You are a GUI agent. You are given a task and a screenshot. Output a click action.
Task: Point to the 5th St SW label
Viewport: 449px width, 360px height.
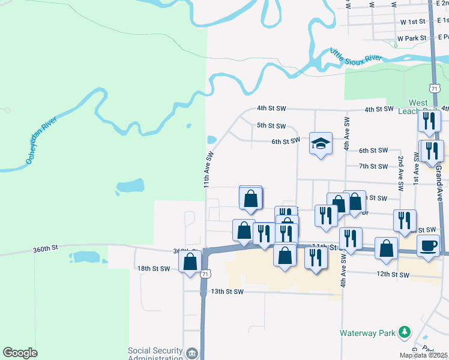pos(271,126)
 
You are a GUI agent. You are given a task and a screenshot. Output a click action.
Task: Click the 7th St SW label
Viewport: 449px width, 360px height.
pos(373,166)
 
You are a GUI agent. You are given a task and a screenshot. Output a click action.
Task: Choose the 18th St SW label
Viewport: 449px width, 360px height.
pos(154,269)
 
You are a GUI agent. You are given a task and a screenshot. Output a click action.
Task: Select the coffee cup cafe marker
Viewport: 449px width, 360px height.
pos(428,246)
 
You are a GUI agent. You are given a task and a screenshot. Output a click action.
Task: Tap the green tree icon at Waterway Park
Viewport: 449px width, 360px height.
pos(405,332)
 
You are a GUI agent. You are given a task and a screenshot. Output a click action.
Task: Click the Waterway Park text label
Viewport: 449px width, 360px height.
pos(366,332)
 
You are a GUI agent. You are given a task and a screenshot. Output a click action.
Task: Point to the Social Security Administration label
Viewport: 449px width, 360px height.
pos(155,355)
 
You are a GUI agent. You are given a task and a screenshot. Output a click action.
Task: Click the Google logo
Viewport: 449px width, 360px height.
pos(20,353)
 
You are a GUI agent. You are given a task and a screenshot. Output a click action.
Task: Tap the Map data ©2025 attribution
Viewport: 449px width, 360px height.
pos(424,355)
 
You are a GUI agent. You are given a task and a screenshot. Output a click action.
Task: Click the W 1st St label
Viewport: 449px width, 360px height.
pos(412,22)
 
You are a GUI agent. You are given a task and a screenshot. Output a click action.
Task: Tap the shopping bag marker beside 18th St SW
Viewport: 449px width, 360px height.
pos(190,262)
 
